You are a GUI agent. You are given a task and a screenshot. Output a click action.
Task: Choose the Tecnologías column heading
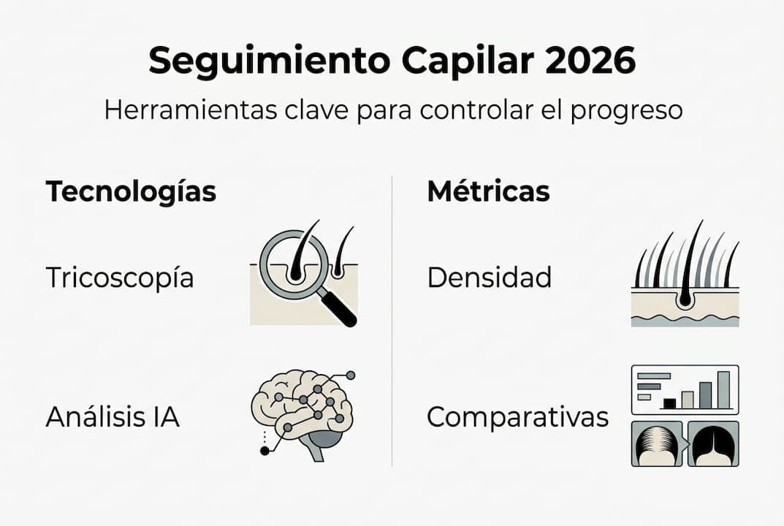[x=131, y=191]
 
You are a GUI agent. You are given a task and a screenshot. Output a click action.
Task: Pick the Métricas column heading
[x=488, y=191]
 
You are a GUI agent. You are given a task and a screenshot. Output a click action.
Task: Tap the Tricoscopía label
[x=120, y=278]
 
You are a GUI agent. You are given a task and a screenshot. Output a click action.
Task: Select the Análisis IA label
[x=113, y=417]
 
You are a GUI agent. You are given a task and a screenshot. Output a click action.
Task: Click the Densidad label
[x=489, y=278]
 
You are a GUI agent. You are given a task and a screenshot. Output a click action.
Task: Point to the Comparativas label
[x=517, y=418]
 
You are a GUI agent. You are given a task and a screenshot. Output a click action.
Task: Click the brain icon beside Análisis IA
[x=300, y=409]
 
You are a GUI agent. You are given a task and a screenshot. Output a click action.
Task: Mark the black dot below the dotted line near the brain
[x=264, y=451]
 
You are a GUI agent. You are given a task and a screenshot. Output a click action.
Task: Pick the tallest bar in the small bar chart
[x=723, y=389]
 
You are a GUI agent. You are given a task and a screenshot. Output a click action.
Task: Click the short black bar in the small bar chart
[x=669, y=403]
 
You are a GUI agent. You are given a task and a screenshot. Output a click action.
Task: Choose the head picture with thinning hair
[x=656, y=443]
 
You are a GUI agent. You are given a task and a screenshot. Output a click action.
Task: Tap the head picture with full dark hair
[x=713, y=443]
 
